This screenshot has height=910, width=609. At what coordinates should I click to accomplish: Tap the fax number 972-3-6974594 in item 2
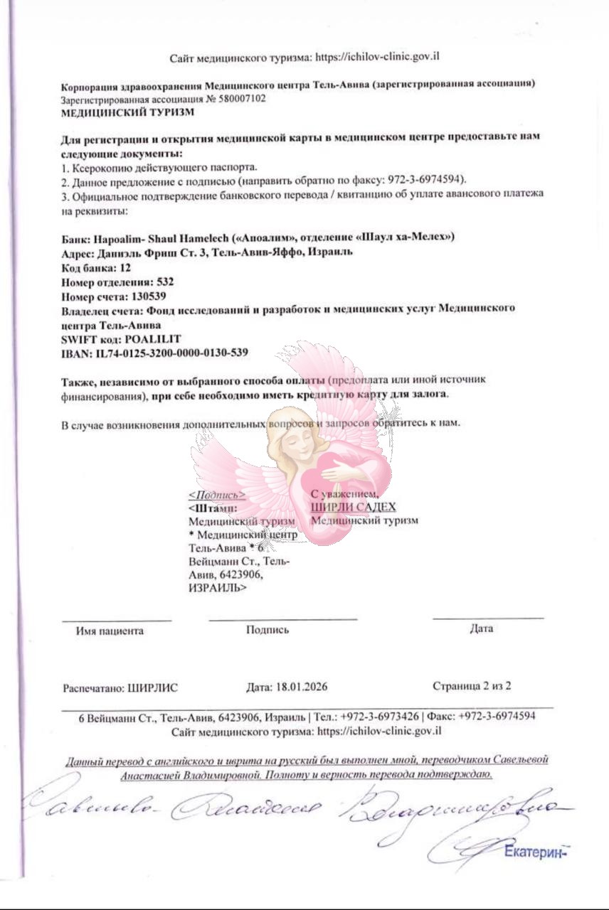click(431, 181)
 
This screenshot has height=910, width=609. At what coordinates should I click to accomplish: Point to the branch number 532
click(164, 282)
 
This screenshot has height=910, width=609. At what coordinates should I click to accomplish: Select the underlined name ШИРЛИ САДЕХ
click(353, 506)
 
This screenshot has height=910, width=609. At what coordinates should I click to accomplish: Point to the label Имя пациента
click(110, 631)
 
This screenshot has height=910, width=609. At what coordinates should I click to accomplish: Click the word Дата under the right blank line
click(481, 628)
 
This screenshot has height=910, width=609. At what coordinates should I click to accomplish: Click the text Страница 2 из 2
click(472, 686)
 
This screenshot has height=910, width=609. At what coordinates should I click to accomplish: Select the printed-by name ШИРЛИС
click(153, 687)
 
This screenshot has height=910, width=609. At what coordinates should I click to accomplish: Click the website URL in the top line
click(382, 57)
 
